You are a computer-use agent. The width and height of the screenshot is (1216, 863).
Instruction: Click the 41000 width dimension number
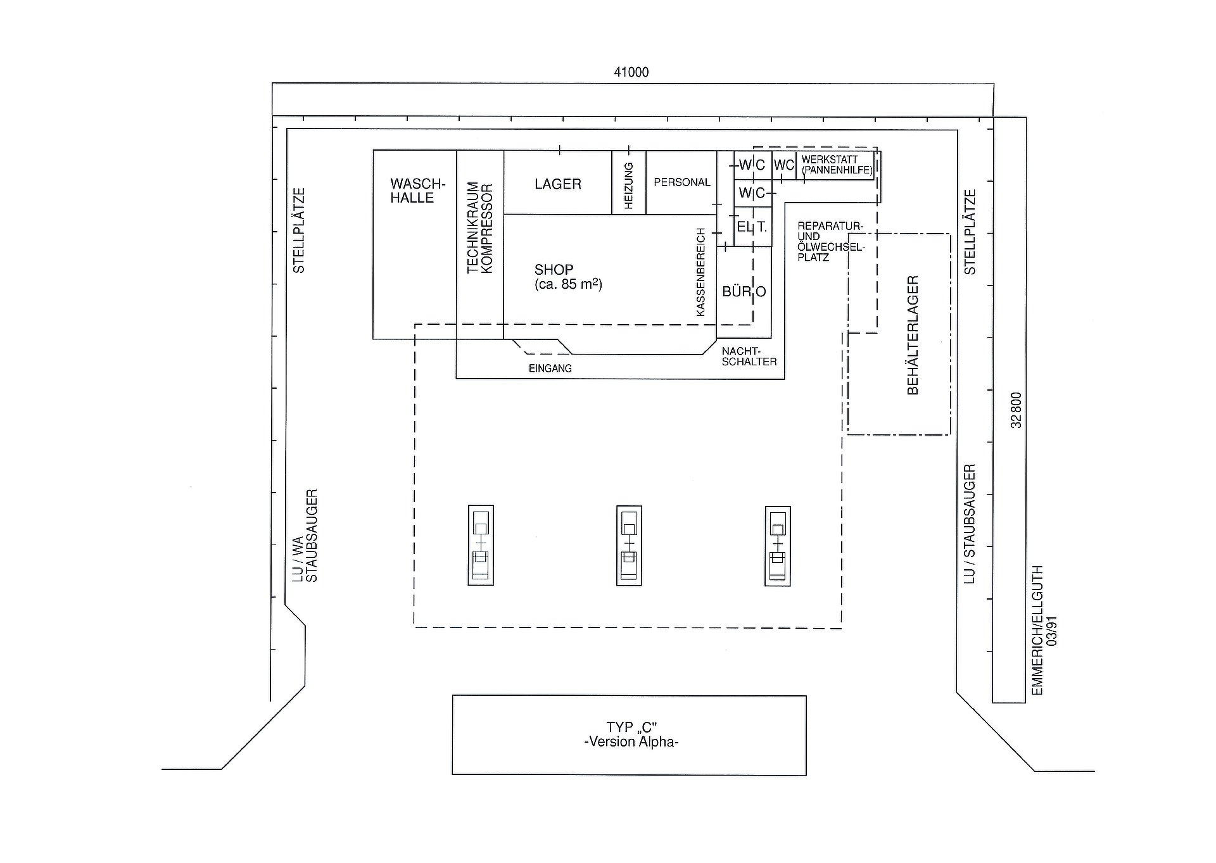pos(631,72)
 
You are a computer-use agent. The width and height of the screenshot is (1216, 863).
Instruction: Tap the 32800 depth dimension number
pos(1016,410)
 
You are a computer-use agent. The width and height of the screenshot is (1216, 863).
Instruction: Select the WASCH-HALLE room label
pos(418,191)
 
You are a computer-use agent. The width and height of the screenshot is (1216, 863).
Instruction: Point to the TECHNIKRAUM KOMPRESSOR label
pos(479,228)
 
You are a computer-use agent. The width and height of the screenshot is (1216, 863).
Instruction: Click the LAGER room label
pos(558,184)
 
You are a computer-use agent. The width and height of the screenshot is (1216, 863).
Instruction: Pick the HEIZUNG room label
pos(629,186)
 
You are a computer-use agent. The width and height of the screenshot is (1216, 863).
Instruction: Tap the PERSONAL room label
pos(682,182)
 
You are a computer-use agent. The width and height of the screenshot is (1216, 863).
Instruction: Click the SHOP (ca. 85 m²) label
pos(568,277)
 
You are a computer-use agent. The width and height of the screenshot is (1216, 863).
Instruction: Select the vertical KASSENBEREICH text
pos(700,272)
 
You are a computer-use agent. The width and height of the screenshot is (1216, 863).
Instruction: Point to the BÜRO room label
pos(744,291)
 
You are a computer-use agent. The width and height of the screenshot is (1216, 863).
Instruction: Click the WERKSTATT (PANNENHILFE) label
pos(837,165)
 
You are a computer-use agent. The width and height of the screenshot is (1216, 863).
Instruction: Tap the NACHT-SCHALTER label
pos(749,356)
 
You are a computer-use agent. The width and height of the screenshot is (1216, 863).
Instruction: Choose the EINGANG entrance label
pos(550,369)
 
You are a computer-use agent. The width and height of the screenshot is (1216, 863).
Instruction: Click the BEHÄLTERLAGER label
pos(913,335)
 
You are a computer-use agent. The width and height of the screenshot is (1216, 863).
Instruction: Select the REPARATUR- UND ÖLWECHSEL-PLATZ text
pos(831,241)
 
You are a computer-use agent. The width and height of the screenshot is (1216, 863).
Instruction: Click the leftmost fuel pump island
pos(481,545)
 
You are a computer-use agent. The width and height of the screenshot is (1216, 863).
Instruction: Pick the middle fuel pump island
pos(629,545)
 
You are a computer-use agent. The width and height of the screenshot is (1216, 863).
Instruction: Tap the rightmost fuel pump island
pos(778,545)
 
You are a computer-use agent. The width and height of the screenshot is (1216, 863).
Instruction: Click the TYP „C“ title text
pos(631,728)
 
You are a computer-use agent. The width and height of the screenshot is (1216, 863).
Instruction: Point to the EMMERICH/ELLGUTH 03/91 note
pos(1044,630)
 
